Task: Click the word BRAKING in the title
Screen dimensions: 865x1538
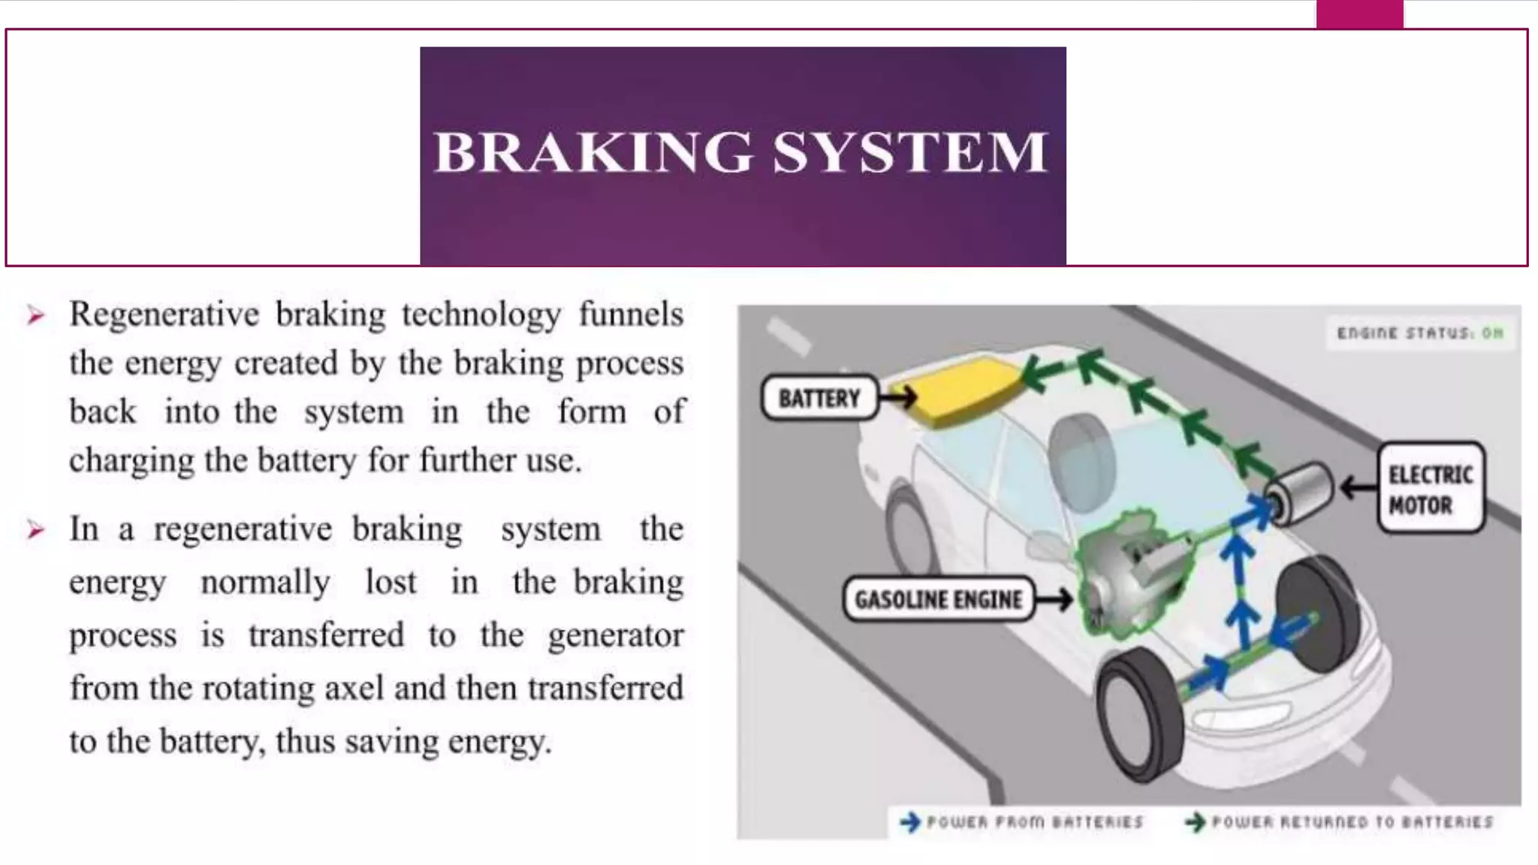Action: coord(593,152)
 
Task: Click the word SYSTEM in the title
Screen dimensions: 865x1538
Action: coord(909,152)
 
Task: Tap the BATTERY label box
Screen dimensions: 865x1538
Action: coord(819,398)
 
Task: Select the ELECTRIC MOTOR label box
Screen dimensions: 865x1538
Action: coord(1431,489)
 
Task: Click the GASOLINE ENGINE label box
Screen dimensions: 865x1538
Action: coord(938,599)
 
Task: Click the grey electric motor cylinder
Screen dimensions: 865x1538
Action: coord(1298,492)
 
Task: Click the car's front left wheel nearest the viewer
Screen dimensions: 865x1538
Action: coord(1140,713)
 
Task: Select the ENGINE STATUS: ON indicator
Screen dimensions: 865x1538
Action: coord(1420,333)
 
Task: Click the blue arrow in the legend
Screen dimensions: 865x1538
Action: coord(910,822)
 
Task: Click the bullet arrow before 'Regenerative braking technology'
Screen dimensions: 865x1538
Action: coord(35,315)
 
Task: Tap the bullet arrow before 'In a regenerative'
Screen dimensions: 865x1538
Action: coord(35,530)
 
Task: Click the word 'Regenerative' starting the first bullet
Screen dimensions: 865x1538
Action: coord(164,315)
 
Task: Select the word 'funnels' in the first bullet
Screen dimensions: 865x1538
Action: coord(631,315)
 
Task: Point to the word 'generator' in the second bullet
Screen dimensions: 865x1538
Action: coord(615,636)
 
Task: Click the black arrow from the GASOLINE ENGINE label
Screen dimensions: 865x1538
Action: coord(1054,599)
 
